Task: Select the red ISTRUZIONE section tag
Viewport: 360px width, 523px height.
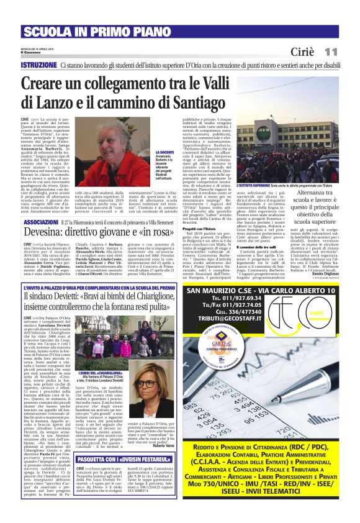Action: (38, 65)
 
